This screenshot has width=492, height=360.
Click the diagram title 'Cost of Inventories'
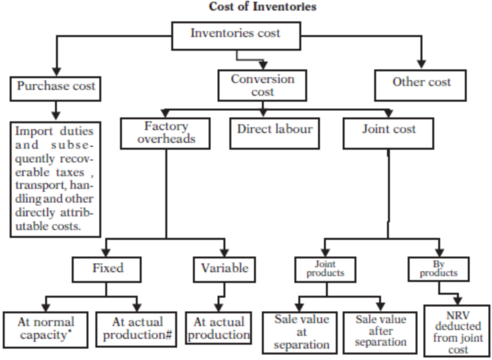pyautogui.click(x=262, y=7)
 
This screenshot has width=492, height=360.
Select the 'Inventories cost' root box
pyautogui.click(x=235, y=35)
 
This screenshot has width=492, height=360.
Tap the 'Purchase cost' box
pyautogui.click(x=56, y=87)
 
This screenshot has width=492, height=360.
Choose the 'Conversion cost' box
pyautogui.click(x=262, y=85)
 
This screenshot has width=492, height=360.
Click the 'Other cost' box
pyautogui.click(x=421, y=83)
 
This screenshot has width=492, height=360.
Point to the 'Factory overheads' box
pyautogui.click(x=166, y=133)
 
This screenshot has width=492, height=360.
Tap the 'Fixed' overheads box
pyautogui.click(x=107, y=269)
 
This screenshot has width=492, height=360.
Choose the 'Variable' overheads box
pyautogui.click(x=224, y=269)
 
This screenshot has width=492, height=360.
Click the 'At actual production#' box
pyautogui.click(x=135, y=328)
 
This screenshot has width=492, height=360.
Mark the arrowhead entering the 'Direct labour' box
pyautogui.click(x=263, y=113)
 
